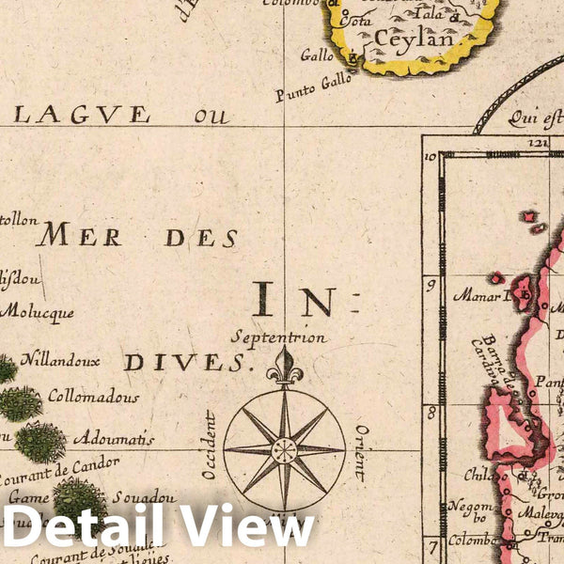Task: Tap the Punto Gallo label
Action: pos(313,87)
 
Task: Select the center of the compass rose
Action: pos(284,449)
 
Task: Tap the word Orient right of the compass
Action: pos(360,453)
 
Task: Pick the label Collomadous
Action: pos(93,397)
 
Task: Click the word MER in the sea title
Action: pos(79,236)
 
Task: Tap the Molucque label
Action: pos(37,312)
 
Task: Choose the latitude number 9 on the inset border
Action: pos(431,282)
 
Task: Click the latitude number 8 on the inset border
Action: pos(431,411)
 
